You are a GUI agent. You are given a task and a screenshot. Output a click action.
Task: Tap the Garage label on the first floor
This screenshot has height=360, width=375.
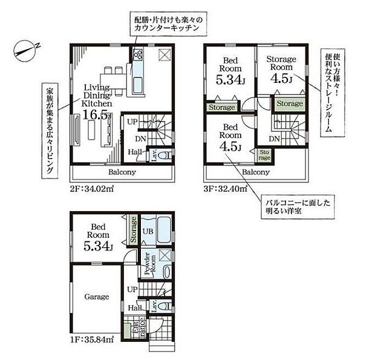pyautogui.click(x=96, y=296)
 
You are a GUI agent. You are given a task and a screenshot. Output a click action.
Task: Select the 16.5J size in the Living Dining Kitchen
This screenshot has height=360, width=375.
pyautogui.click(x=97, y=113)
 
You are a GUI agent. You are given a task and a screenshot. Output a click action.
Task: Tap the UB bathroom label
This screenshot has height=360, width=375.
pyautogui.click(x=148, y=231)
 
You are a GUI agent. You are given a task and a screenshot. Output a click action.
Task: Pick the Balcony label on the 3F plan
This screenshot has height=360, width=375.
pyautogui.click(x=255, y=172)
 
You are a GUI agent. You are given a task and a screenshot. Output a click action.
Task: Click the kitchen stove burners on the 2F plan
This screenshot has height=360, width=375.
pyautogui.click(x=136, y=57)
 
